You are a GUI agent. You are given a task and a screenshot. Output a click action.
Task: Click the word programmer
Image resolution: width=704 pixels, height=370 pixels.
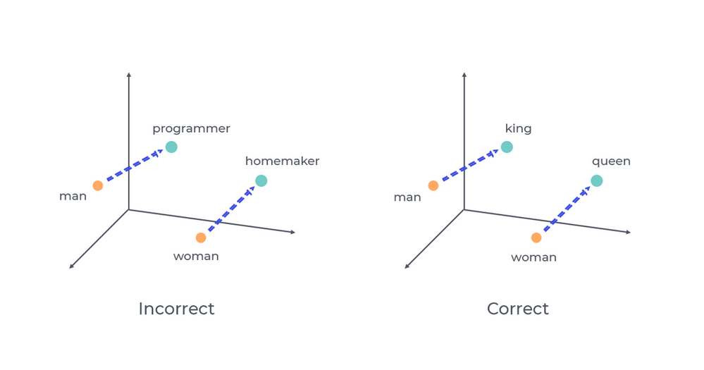click(x=191, y=129)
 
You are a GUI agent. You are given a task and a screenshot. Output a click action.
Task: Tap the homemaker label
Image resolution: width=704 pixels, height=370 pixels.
click(x=282, y=161)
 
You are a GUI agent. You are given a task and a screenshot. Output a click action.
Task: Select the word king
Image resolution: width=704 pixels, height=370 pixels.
click(x=518, y=129)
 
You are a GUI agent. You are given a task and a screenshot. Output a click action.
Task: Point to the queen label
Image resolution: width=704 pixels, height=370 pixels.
click(x=611, y=161)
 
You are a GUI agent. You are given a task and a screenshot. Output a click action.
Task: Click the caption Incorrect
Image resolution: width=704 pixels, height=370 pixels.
click(x=176, y=309)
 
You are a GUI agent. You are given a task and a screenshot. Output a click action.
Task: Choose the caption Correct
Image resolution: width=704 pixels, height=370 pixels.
click(x=517, y=309)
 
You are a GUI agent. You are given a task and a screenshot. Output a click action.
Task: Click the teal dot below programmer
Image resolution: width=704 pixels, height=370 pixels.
click(x=171, y=147)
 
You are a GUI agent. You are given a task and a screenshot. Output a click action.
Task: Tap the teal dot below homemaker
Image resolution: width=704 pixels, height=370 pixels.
click(x=261, y=180)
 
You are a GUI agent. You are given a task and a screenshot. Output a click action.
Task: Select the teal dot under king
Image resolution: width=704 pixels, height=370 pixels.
click(x=507, y=147)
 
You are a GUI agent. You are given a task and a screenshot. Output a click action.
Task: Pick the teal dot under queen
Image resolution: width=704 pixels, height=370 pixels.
click(x=597, y=180)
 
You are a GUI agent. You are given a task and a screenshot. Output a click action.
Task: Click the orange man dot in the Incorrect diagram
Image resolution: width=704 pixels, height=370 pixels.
click(x=98, y=185)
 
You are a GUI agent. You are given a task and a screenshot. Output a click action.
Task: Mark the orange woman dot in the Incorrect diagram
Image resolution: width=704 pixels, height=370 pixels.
click(x=201, y=238)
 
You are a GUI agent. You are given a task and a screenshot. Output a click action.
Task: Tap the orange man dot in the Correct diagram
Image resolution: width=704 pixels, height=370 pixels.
click(x=433, y=185)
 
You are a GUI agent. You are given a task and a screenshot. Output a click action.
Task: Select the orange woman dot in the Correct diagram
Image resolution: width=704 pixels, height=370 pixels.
click(x=536, y=238)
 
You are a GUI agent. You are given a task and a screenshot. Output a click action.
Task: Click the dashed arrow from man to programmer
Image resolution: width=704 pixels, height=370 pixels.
click(x=134, y=166)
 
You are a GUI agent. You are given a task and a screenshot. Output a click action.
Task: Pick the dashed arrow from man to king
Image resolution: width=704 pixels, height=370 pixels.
click(x=469, y=166)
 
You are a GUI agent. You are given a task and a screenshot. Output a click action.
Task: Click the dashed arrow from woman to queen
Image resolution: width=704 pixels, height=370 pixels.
click(x=567, y=209)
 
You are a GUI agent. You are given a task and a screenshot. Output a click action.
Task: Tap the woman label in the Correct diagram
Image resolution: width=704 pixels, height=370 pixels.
click(x=533, y=257)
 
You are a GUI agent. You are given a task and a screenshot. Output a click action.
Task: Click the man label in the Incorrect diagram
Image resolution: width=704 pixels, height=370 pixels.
click(x=73, y=197)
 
